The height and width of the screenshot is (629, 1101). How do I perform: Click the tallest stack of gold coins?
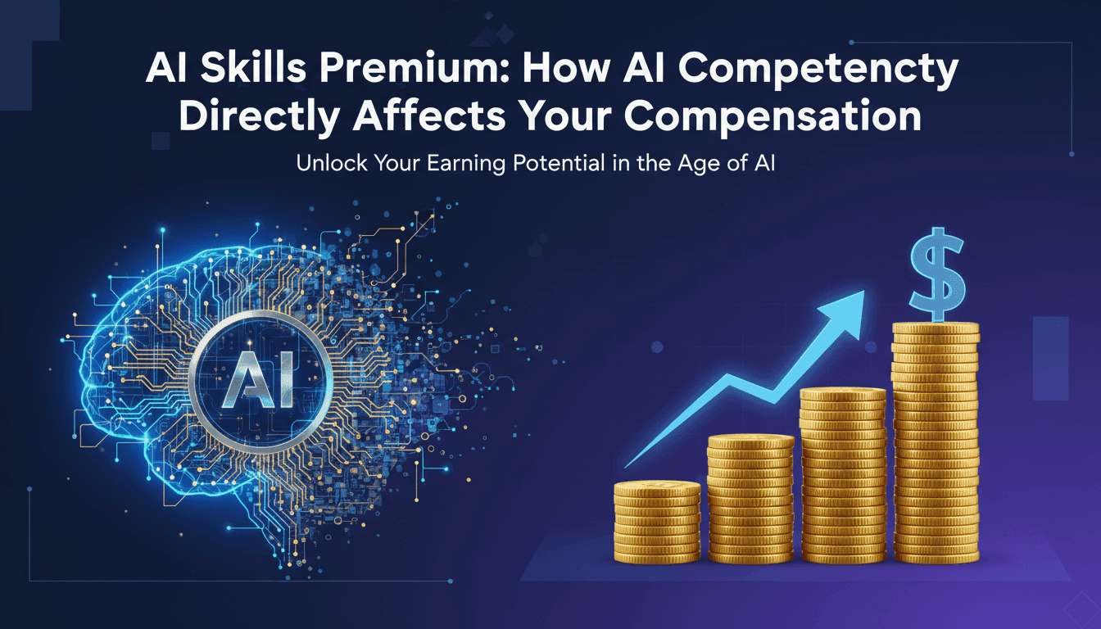(936, 442)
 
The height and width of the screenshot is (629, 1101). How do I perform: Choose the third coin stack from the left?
(843, 475)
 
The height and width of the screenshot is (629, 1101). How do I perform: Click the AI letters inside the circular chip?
(261, 382)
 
